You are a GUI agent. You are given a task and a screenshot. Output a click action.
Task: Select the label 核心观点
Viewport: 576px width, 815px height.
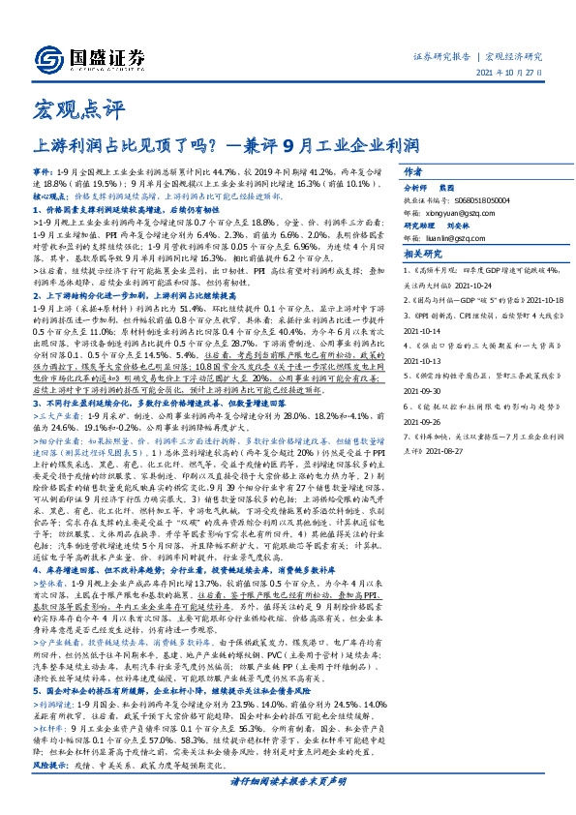[49, 195]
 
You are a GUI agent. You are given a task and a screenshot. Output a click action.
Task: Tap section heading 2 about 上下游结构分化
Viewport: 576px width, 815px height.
[131, 294]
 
